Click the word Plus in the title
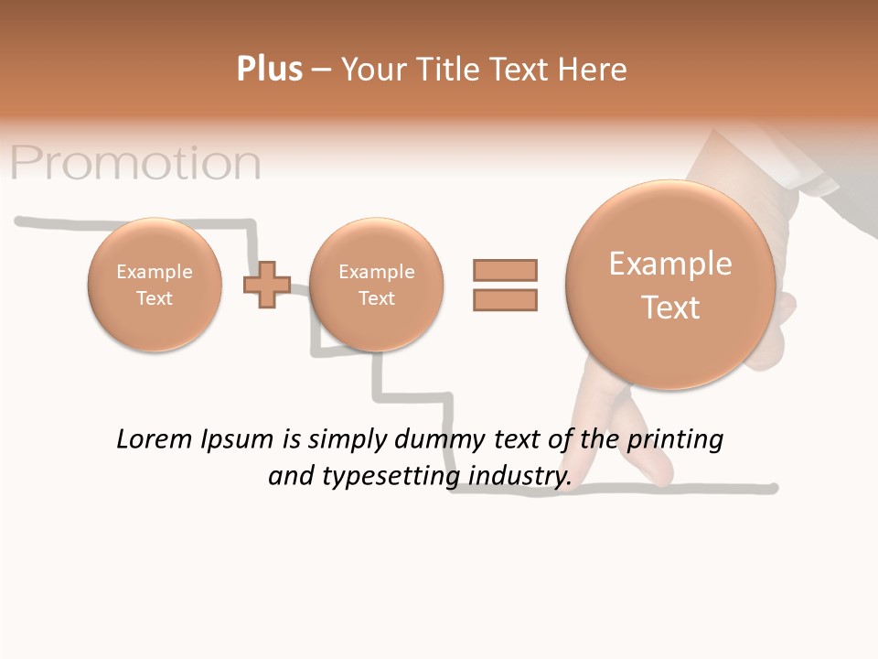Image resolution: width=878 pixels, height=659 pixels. point(269,70)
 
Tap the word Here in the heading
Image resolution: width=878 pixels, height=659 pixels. point(594,70)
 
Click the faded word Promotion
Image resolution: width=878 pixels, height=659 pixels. point(136,163)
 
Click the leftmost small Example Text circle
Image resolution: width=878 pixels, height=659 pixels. point(154,285)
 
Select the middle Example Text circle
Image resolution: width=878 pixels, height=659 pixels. point(376,285)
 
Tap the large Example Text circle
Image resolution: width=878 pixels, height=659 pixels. point(670,285)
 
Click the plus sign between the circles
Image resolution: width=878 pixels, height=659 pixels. point(266,285)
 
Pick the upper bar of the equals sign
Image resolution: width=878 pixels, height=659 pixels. point(505,270)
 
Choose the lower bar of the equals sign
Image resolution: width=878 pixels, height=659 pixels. point(505,299)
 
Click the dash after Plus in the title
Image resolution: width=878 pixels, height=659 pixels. point(322,70)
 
